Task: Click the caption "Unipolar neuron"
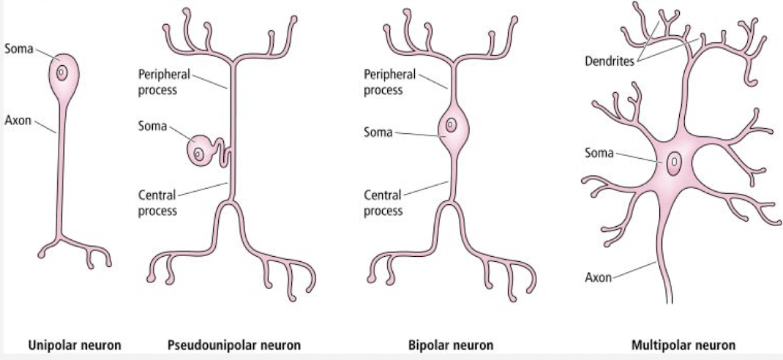click(x=74, y=344)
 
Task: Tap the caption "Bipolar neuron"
click(x=450, y=344)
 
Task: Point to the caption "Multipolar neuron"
click(x=683, y=344)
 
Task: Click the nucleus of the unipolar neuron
click(x=63, y=73)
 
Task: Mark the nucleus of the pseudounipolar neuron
click(x=197, y=153)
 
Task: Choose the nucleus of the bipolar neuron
click(x=451, y=125)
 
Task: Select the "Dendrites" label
click(x=609, y=61)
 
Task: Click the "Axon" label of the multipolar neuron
click(x=598, y=277)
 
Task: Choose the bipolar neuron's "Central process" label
click(x=383, y=203)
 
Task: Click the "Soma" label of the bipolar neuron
click(x=378, y=132)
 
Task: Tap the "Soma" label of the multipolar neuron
click(x=599, y=153)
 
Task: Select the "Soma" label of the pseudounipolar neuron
click(x=152, y=125)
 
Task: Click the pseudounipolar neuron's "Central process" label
click(x=157, y=203)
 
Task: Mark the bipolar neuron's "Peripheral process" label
click(x=389, y=82)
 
